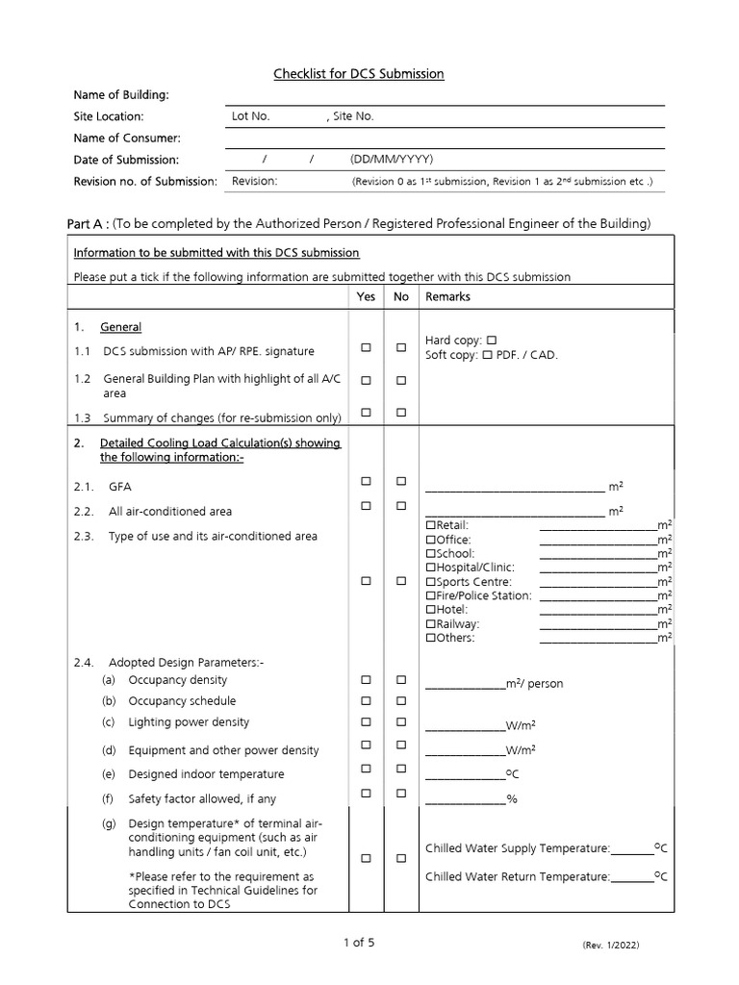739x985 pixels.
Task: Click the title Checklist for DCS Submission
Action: point(359,74)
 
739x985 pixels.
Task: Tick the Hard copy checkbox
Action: point(492,341)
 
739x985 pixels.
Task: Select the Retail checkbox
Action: point(430,525)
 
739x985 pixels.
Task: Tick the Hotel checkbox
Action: point(430,610)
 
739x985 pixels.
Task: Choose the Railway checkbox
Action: point(430,624)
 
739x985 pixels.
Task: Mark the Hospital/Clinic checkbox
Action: point(430,568)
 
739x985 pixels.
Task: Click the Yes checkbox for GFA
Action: point(366,481)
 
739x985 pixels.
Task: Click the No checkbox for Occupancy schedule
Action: point(401,701)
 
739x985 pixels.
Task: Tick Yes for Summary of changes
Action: point(366,413)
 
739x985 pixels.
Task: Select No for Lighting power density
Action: point(401,722)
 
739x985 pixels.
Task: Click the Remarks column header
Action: point(447,297)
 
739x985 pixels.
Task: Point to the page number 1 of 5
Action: point(359,943)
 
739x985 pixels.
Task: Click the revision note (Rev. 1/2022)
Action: point(610,946)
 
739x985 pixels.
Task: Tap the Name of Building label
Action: point(121,94)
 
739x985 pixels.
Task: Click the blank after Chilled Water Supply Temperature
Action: point(631,848)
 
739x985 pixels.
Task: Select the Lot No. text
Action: point(251,116)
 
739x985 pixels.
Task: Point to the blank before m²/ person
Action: point(465,684)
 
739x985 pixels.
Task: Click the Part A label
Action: point(87,224)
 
